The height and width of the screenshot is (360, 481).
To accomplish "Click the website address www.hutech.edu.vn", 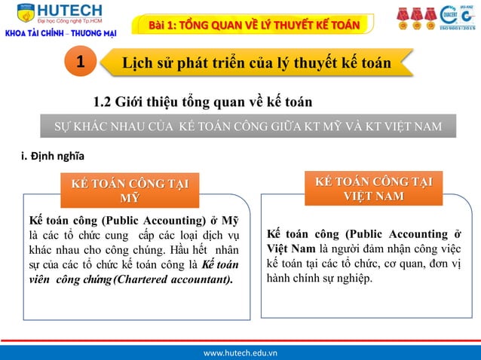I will tap(240, 351).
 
